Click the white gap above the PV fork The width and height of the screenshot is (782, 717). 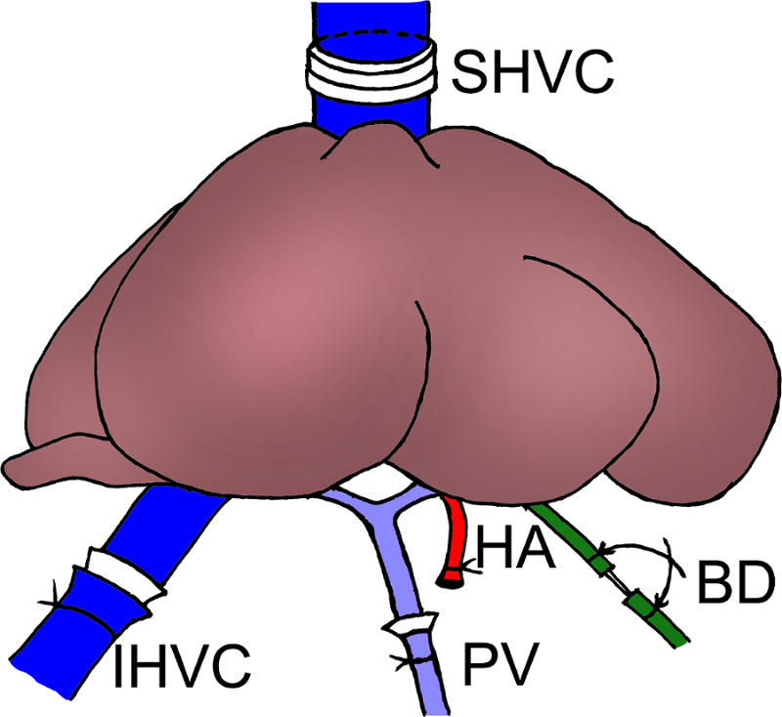376,483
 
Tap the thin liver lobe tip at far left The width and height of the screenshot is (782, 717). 29,460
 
